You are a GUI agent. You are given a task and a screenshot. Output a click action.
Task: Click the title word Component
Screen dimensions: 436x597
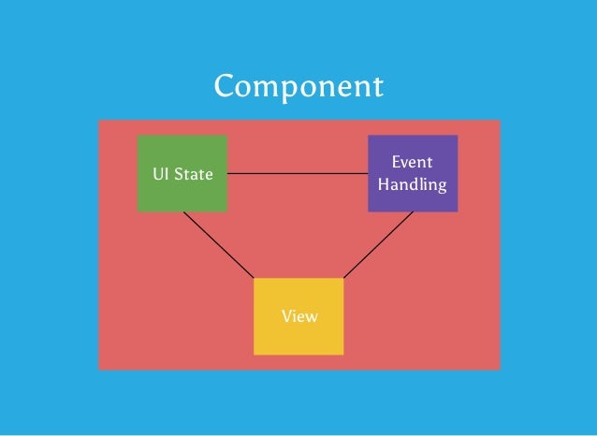[x=298, y=86]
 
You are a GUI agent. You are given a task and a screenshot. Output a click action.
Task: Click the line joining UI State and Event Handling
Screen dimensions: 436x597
[x=298, y=174]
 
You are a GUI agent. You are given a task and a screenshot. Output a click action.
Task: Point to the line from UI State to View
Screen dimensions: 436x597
[x=218, y=245]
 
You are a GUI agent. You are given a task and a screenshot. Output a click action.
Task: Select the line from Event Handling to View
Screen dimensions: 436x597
[x=378, y=245]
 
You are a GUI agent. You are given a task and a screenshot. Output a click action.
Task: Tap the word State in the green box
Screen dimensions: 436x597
[x=195, y=175]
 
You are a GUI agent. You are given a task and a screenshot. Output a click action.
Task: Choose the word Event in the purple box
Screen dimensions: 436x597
[x=413, y=163]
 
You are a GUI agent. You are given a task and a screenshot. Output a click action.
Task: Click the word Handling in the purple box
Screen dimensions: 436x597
[x=413, y=184]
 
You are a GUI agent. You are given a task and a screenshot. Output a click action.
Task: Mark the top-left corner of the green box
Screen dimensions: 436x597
[x=138, y=137]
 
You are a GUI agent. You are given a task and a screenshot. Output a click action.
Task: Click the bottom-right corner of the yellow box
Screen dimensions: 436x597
[x=342, y=354]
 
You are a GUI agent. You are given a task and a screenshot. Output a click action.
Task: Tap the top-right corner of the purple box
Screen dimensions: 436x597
[x=457, y=137]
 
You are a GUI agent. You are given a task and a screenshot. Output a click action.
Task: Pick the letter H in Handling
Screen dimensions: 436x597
[x=383, y=183]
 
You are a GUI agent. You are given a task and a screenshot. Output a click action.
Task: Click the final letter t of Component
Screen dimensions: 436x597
[x=377, y=87]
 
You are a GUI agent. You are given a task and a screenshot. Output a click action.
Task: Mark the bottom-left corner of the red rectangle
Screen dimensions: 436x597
[x=99, y=369]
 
